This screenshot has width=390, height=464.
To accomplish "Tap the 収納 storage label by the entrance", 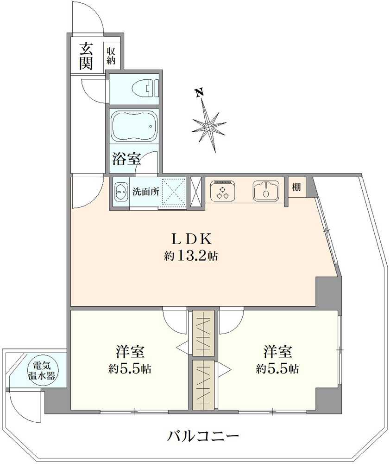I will (111, 55).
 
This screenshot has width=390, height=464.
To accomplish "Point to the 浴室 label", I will (126, 159).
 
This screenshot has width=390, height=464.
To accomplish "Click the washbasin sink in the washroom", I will (121, 191).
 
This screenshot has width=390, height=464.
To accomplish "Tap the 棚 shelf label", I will (296, 187).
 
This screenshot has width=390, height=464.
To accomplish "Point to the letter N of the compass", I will (200, 93).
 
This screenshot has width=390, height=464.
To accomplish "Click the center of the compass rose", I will (209, 126).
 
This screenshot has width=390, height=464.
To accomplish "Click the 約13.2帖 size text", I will (191, 256).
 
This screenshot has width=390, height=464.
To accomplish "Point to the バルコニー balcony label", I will (203, 436).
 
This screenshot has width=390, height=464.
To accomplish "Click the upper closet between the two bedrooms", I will (203, 333).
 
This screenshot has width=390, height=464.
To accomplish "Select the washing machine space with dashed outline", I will (172, 191).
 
